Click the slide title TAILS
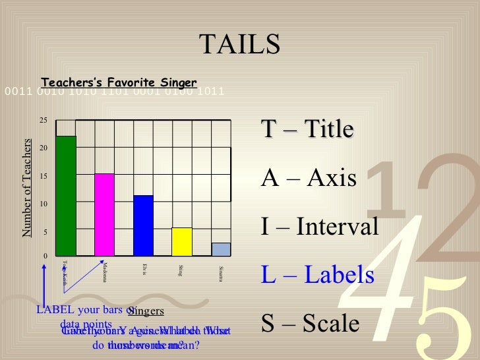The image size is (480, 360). click(240, 45)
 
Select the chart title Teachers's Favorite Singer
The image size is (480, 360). click(119, 82)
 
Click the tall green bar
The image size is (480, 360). click(66, 195)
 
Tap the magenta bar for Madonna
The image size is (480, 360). click(105, 214)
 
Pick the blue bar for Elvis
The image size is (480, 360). click(143, 225)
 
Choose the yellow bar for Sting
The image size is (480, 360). click(182, 241)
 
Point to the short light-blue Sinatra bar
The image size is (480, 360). click(221, 249)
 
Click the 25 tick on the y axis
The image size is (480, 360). click(43, 121)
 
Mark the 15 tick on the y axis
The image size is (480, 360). click(43, 177)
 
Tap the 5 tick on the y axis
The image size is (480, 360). click(45, 232)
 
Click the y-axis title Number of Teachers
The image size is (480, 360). click(27, 188)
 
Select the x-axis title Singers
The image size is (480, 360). click(146, 311)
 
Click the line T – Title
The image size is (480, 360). click(307, 129)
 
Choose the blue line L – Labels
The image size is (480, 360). click(318, 275)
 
